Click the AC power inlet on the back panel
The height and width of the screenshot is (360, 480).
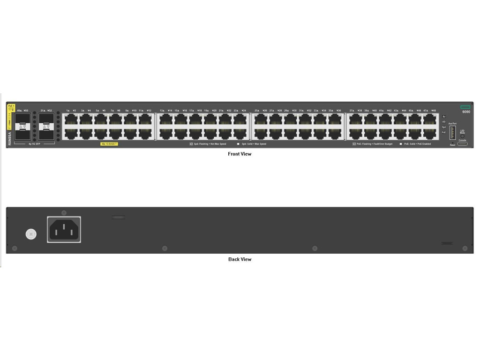tap(64, 229)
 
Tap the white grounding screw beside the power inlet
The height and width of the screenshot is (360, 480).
tap(31, 234)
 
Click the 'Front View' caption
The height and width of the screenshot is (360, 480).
tap(240, 154)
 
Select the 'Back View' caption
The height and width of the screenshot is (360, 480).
tap(240, 259)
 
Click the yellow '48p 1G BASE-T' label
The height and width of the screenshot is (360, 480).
tap(109, 144)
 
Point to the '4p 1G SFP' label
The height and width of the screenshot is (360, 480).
tap(35, 144)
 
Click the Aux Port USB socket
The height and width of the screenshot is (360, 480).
tap(452, 133)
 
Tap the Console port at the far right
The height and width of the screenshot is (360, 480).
tap(462, 143)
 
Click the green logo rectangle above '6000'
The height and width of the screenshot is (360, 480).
tap(465, 107)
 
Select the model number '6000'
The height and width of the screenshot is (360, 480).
tap(466, 112)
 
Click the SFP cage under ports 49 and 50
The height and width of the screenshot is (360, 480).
tap(23, 126)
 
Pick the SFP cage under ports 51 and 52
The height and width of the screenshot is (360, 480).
tap(46, 126)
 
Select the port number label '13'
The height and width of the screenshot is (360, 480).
tap(162, 111)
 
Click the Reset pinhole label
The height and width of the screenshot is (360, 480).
tap(452, 145)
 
